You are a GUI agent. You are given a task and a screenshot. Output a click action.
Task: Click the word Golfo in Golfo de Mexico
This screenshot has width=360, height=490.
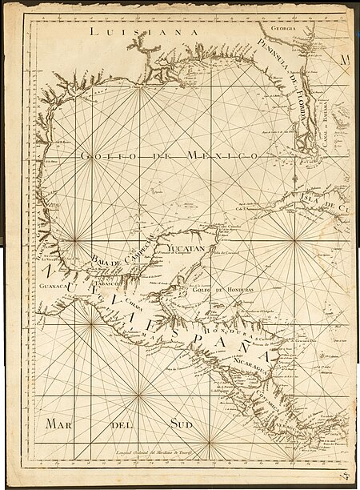(x=99, y=155)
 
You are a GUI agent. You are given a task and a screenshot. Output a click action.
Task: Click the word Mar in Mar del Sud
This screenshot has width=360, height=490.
(x=60, y=422)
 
